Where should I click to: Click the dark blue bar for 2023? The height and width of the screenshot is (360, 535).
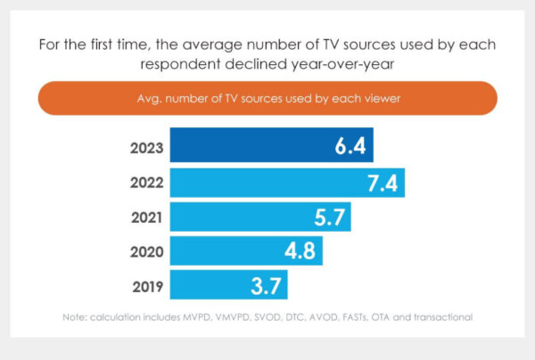point(271,145)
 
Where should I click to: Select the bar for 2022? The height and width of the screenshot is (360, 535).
point(287,183)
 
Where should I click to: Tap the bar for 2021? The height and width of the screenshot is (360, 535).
point(260,217)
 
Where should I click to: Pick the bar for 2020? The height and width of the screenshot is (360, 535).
point(245,250)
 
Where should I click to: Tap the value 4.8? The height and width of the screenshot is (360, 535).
point(299,251)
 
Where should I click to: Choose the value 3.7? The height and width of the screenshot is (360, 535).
point(266,285)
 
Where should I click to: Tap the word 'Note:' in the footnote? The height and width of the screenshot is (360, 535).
point(76,317)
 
